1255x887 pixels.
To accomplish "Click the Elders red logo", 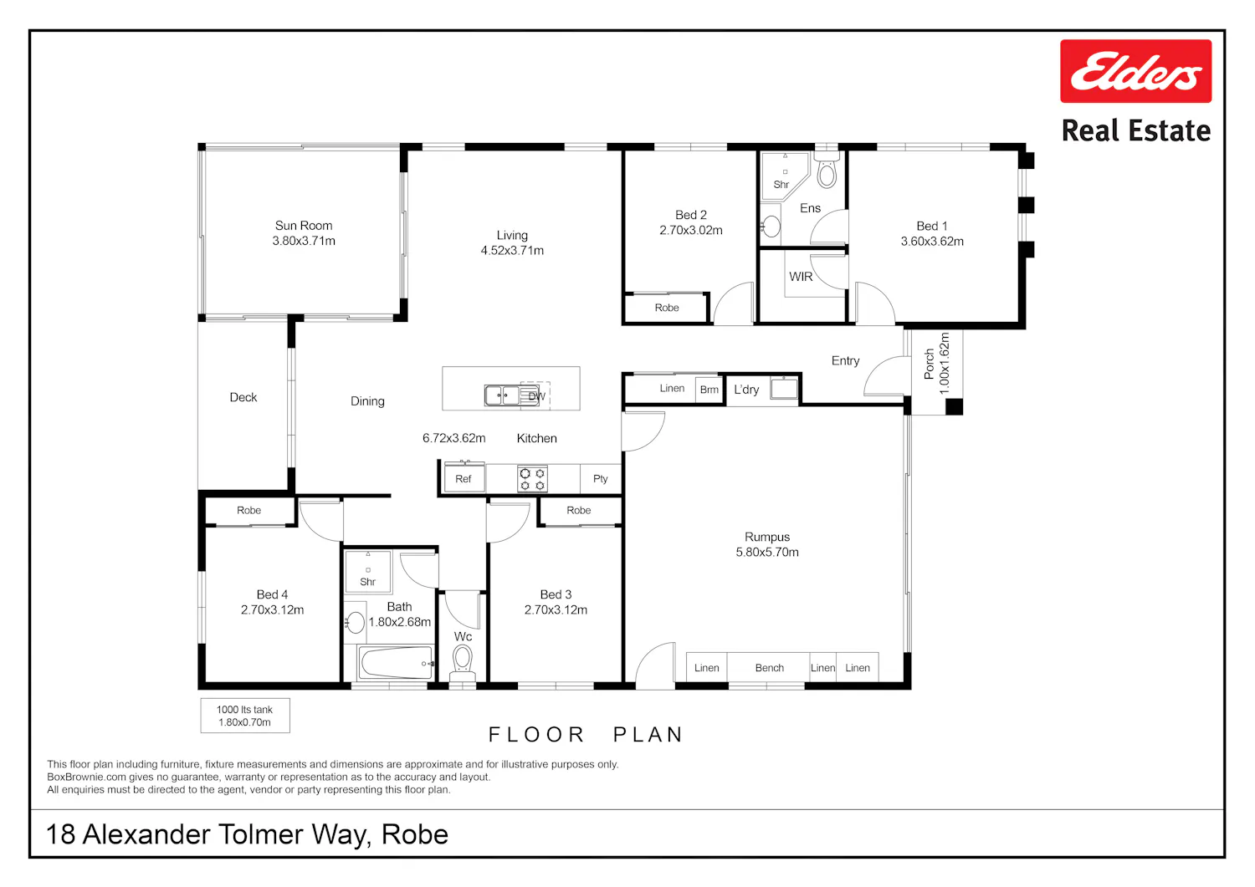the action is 1135,71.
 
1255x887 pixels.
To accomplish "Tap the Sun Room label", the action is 304,226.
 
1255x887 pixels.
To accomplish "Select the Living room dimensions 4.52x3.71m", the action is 512,250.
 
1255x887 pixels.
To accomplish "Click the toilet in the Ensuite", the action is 827,171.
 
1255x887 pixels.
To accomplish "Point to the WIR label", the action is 801,277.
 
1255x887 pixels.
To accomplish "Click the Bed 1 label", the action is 932,227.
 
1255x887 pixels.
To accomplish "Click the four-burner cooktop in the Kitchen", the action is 532,479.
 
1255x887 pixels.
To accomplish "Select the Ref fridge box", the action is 464,479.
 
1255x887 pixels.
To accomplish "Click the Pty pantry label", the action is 600,479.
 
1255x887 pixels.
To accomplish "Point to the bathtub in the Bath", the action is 396,663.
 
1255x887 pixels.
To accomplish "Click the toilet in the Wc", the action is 462,663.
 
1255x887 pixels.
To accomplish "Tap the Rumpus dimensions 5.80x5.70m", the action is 767,552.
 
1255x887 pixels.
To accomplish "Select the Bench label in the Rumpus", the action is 769,668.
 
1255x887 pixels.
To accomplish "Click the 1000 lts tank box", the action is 245,716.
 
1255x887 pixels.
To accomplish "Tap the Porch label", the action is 930,364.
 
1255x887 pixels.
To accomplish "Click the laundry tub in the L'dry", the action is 784,388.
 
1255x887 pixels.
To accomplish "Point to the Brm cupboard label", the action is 709,390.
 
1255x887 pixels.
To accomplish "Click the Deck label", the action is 243,398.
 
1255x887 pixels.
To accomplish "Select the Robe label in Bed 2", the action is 667,308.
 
